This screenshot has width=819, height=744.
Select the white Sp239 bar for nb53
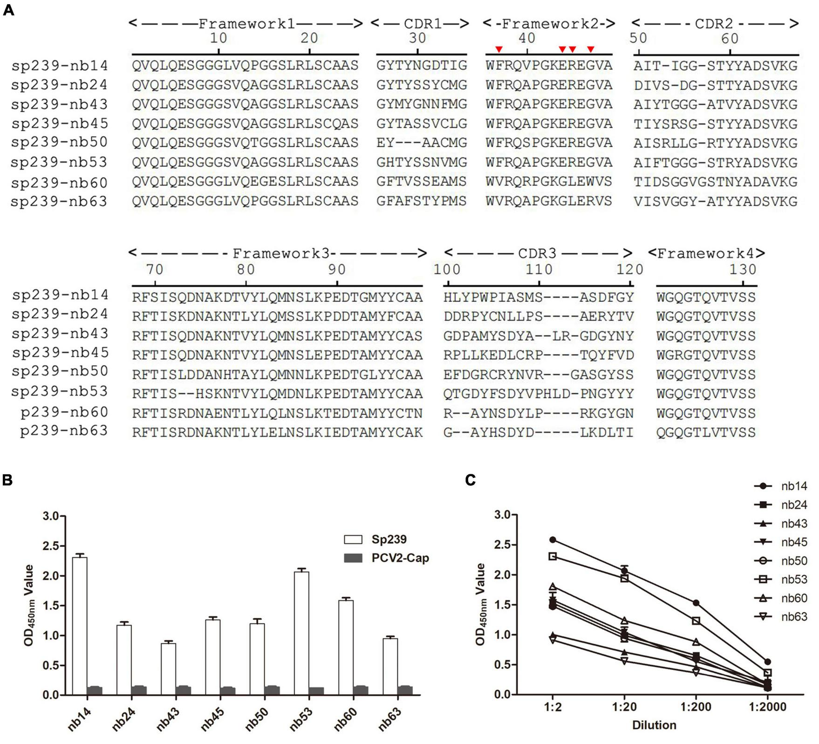pos(301,633)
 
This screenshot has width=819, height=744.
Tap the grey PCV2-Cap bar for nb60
pos(361,690)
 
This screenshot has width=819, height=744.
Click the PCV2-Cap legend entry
pos(400,558)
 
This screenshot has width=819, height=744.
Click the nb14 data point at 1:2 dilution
pos(553,539)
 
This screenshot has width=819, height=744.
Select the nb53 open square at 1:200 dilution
pos(696,621)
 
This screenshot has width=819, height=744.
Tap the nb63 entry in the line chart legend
pos(794,617)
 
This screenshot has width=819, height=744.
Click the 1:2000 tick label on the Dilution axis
pos(767,707)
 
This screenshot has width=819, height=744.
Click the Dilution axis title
pos(654,725)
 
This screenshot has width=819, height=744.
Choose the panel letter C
pos(471,480)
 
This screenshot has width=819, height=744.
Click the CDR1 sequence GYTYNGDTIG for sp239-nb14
pos(422,66)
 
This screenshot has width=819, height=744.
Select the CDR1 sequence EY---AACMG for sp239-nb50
pos(422,143)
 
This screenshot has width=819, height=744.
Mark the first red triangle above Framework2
pos(499,49)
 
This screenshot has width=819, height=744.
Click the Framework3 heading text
pos(281,254)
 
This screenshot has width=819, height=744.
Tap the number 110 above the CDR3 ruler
pos(539,269)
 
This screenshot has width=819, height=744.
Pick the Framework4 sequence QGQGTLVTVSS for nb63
pos(706,433)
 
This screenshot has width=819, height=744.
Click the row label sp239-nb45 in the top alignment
pos(59,123)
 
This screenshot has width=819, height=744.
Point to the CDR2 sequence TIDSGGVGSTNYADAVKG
pos(715,181)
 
